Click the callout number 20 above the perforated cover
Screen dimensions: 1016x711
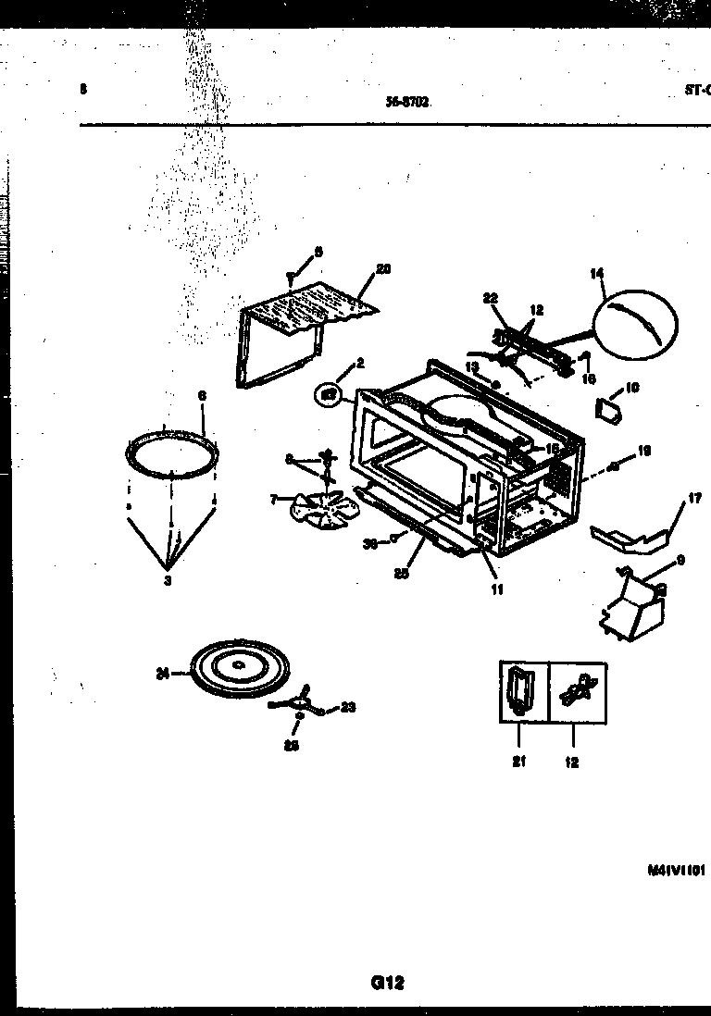pyautogui.click(x=383, y=269)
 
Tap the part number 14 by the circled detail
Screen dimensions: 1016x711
pyautogui.click(x=597, y=273)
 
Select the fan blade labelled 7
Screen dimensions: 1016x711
pyautogui.click(x=314, y=509)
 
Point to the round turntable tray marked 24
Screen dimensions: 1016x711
pyautogui.click(x=238, y=668)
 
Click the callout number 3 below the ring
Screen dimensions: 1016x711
pyautogui.click(x=168, y=580)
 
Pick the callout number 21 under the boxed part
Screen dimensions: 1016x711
pyautogui.click(x=518, y=762)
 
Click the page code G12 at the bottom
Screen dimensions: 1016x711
pyautogui.click(x=389, y=983)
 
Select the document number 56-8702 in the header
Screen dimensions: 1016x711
pyautogui.click(x=407, y=104)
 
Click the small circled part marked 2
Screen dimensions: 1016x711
pyautogui.click(x=328, y=396)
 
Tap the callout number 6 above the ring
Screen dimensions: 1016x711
pyautogui.click(x=202, y=396)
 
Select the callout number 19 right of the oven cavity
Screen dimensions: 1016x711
pyautogui.click(x=644, y=451)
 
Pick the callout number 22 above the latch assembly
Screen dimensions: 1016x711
pyautogui.click(x=491, y=297)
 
